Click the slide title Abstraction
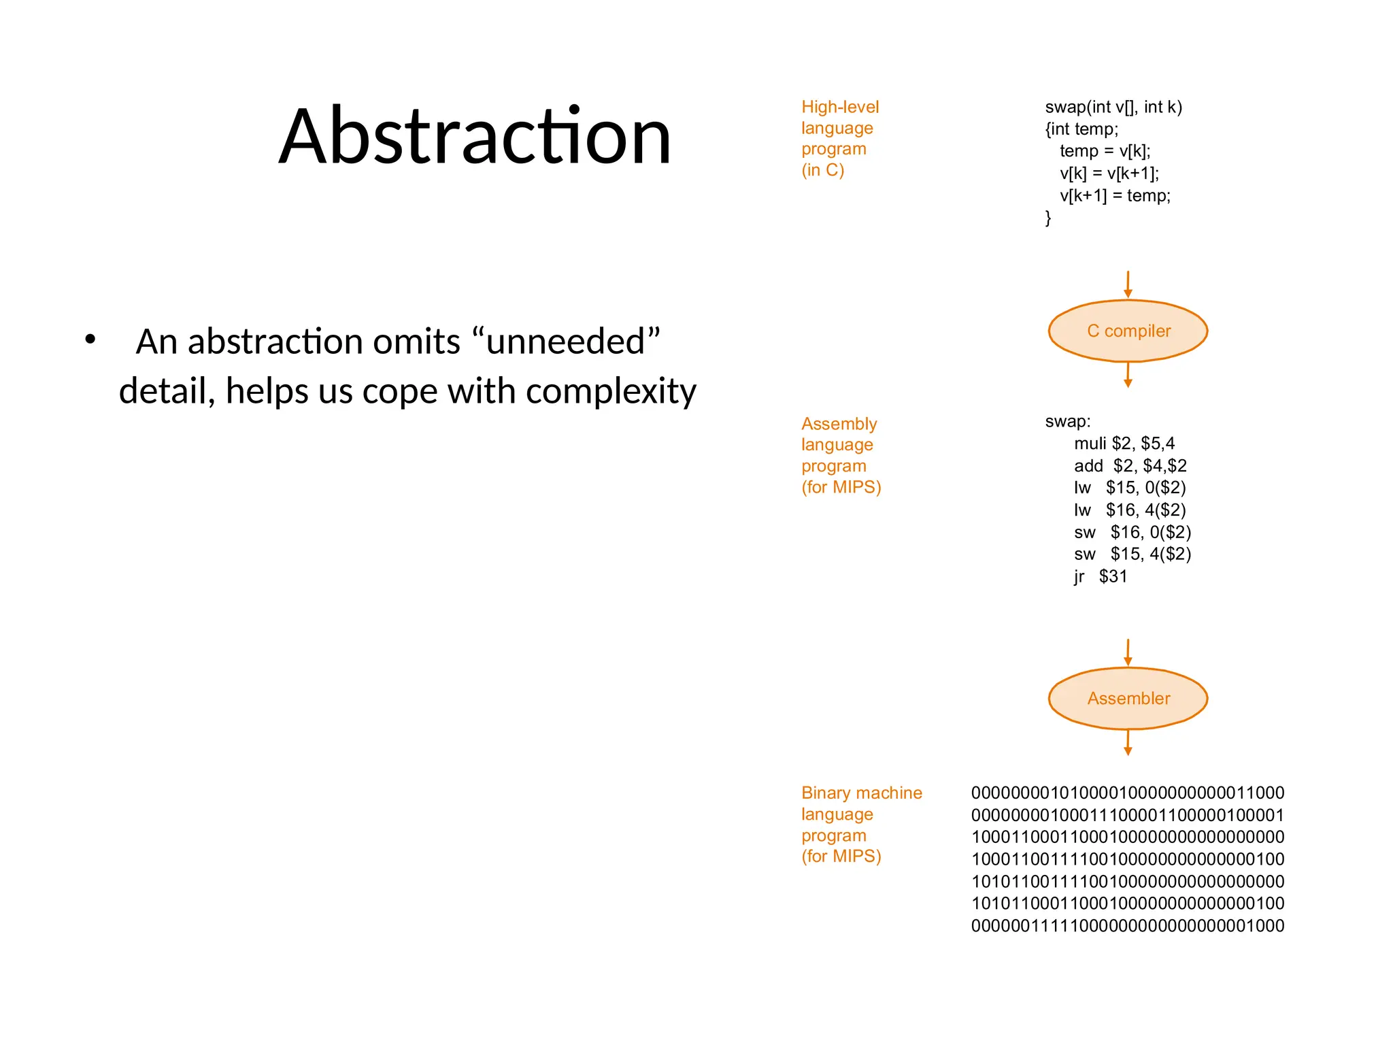tap(475, 136)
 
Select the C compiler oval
tap(1128, 331)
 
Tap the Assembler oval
tap(1128, 698)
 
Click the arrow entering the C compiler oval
tap(1128, 284)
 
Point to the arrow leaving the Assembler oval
tap(1128, 742)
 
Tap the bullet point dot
tap(90, 339)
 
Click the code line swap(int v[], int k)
tap(1113, 107)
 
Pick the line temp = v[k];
tap(1105, 151)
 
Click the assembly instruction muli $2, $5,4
tap(1124, 444)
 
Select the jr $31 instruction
tap(1100, 576)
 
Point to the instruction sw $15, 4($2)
tap(1132, 554)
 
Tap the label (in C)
tap(822, 170)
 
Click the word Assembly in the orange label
tap(839, 424)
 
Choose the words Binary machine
tap(861, 793)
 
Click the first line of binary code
tap(1127, 793)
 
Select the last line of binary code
tap(1127, 925)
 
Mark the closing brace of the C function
tap(1048, 218)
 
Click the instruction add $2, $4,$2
tap(1130, 465)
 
